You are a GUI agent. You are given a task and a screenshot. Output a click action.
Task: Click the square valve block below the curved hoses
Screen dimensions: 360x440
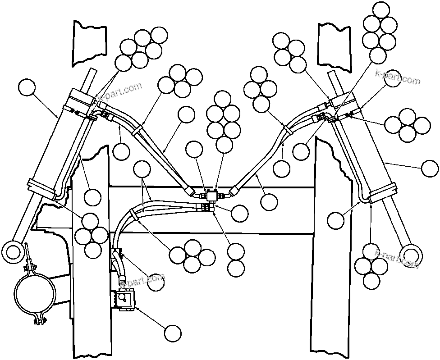click(x=125, y=299)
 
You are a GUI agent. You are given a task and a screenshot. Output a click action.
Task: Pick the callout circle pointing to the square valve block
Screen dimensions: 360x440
click(x=173, y=333)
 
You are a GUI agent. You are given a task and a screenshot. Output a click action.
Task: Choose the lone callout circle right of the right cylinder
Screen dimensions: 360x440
click(x=429, y=168)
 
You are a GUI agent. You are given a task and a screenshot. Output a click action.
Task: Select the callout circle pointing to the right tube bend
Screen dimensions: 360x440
click(x=336, y=220)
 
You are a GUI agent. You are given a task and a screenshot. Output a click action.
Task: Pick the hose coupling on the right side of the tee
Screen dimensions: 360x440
click(x=233, y=192)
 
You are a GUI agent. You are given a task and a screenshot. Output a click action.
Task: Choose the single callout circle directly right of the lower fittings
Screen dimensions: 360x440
click(x=239, y=213)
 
